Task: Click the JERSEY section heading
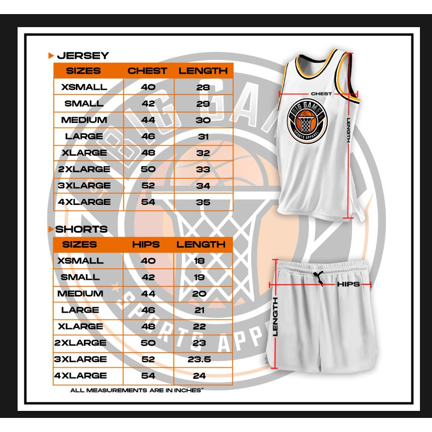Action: [82, 55]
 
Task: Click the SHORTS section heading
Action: [81, 229]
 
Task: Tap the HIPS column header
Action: [146, 245]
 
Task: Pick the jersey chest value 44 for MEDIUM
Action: [148, 120]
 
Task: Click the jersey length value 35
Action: [203, 202]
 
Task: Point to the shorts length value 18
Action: [200, 261]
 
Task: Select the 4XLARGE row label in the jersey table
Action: [84, 202]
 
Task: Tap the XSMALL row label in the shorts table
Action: [80, 261]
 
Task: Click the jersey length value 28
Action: [203, 87]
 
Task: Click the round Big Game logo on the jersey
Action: [306, 121]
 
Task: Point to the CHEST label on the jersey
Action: [321, 94]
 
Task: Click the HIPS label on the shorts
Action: [348, 284]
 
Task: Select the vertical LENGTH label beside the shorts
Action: [275, 316]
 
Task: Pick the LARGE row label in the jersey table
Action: [84, 136]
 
